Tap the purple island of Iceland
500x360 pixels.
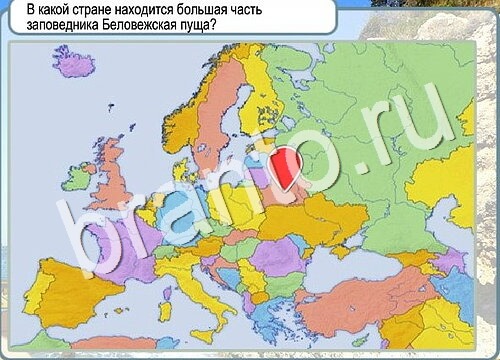coord(72,63)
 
